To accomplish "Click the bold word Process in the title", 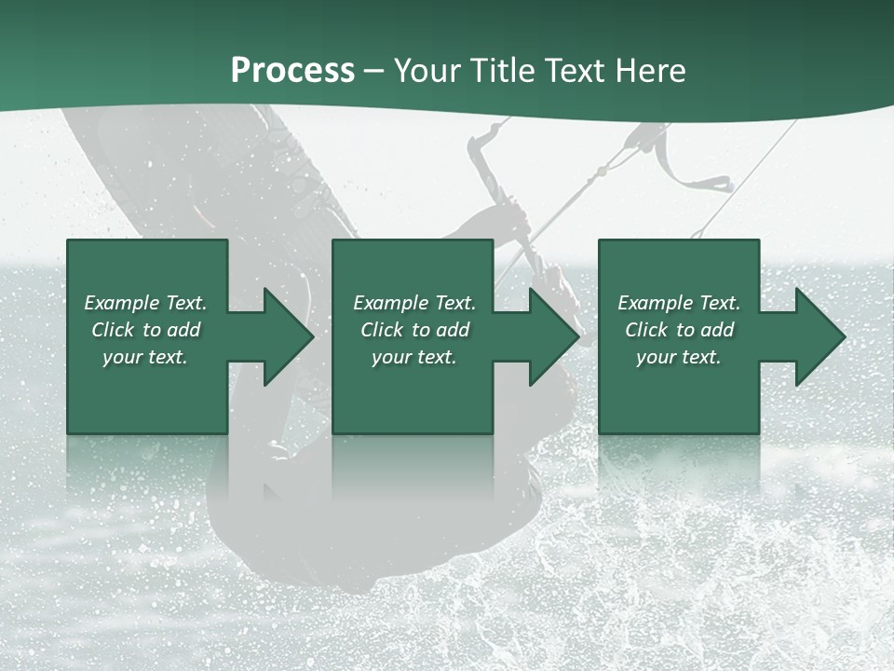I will point(292,71).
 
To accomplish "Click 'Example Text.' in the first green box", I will point(145,303).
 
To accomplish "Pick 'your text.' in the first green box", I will point(145,357).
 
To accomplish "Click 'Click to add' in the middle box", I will point(414,330).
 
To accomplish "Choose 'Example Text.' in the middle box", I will point(414,303).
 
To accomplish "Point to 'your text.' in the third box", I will point(679,357).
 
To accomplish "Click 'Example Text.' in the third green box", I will point(679,303).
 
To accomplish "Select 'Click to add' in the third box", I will point(679,330).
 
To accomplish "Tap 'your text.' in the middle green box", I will point(414,357).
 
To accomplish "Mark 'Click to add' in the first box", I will point(145,330).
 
